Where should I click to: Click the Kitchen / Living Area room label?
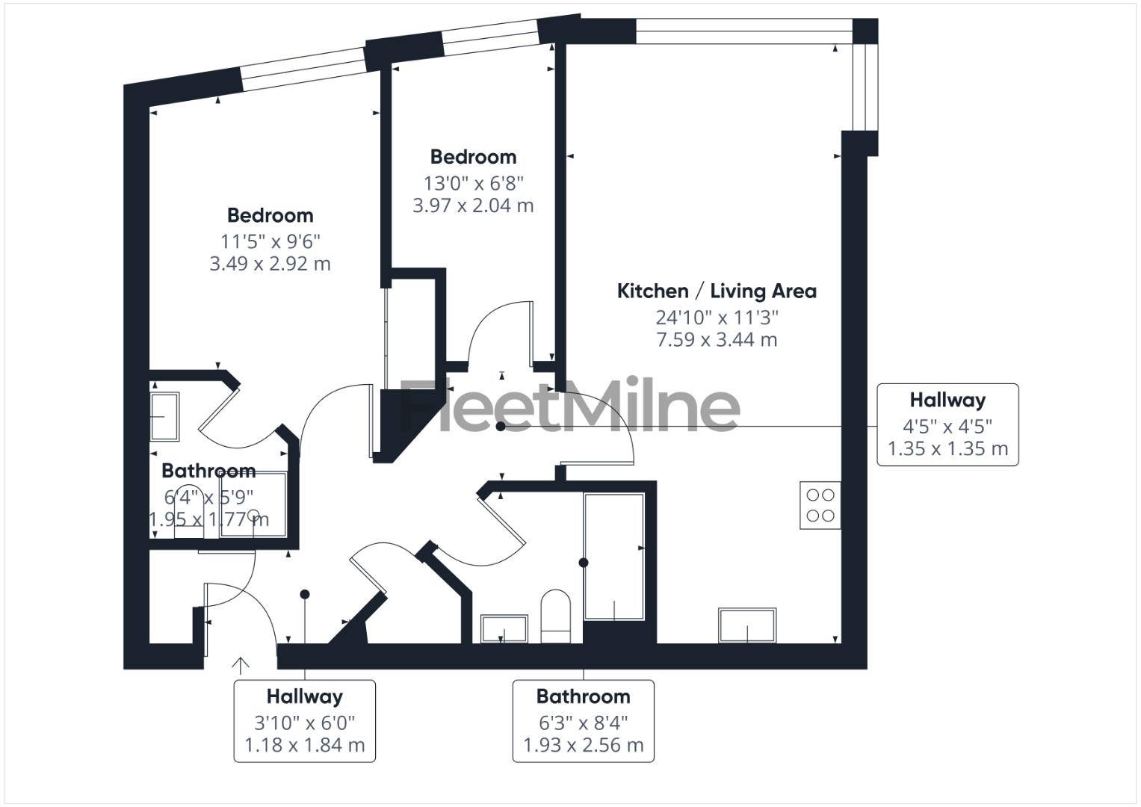[x=716, y=291]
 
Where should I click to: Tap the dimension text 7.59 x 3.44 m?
[x=716, y=340]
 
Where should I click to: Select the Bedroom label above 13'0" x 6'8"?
[x=473, y=157]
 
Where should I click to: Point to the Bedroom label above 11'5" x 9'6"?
[x=270, y=215]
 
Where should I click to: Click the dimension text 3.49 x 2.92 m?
[x=270, y=264]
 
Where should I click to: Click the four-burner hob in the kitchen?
[x=820, y=505]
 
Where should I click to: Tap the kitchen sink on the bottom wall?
[x=747, y=625]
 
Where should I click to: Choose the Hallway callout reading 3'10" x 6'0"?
[x=304, y=721]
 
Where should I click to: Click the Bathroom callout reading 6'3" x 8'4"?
[x=583, y=721]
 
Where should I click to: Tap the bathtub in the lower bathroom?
[x=614, y=557]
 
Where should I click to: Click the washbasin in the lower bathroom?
[x=504, y=628]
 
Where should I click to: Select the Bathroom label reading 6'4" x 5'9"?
[x=208, y=471]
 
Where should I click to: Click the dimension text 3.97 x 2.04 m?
[x=473, y=205]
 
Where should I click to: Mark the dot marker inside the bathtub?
[x=584, y=563]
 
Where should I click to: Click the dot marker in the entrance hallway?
[x=305, y=595]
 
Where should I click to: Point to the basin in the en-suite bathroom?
[x=164, y=416]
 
